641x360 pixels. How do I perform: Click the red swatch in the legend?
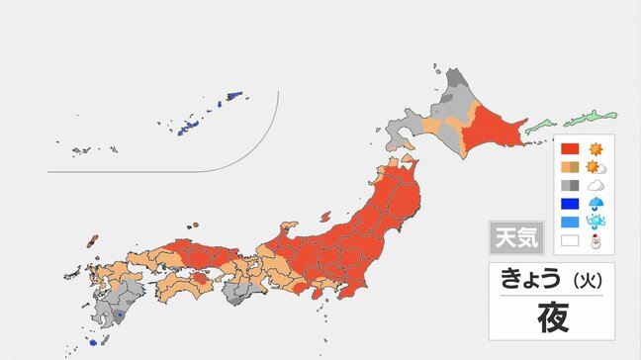point(570,149)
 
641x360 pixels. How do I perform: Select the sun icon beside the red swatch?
point(596,149)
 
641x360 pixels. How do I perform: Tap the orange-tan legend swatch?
point(570,167)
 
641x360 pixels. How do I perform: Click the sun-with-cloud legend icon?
point(596,167)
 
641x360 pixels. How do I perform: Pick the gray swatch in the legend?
point(570,185)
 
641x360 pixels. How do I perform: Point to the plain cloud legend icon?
point(596,185)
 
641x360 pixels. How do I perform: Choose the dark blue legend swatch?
point(570,204)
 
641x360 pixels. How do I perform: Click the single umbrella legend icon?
point(596,204)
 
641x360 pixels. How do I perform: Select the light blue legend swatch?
point(570,222)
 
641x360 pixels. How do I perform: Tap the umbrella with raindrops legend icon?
point(596,222)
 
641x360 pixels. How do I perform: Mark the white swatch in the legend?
point(570,239)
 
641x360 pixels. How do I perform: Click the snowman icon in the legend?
point(596,239)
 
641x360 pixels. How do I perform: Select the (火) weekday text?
point(588,279)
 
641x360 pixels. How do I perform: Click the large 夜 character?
point(552,317)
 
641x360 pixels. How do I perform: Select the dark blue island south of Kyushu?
point(93,342)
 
